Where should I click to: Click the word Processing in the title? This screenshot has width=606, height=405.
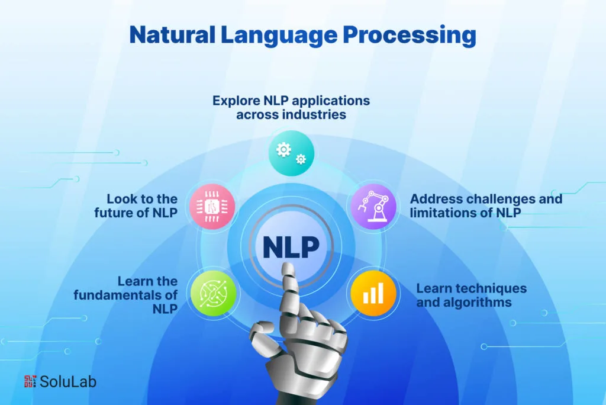point(410,36)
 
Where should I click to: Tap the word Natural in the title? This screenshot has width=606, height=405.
point(172,34)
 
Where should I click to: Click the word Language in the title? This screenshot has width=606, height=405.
point(279,36)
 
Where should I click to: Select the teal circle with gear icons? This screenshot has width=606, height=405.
point(291,153)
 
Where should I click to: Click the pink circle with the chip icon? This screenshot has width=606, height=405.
point(212,207)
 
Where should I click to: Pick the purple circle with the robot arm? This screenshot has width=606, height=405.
point(373,207)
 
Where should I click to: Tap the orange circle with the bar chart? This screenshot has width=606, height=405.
point(373,293)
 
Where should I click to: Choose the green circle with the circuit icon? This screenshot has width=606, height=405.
point(213,293)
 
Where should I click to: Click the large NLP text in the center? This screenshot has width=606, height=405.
point(291,247)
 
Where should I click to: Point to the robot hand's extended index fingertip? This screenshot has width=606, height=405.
point(288,266)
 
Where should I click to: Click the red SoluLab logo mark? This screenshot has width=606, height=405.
point(30,381)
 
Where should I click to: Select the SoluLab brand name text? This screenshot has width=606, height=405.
point(67,382)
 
